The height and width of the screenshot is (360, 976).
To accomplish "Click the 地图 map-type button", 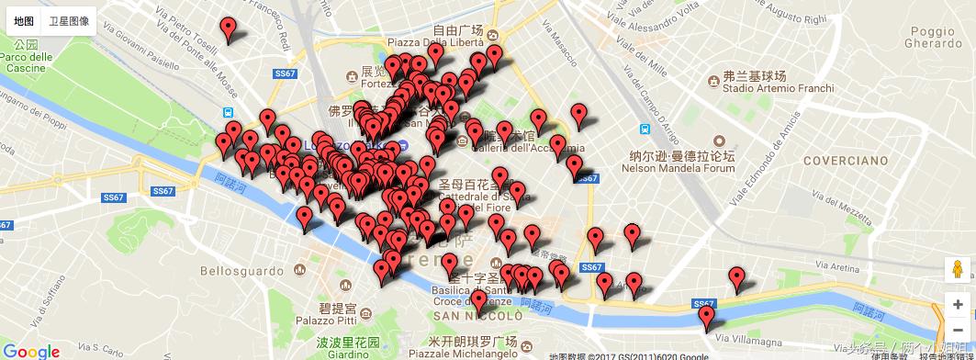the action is click(x=25, y=19).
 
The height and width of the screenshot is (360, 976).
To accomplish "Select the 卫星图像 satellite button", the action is click(x=69, y=19).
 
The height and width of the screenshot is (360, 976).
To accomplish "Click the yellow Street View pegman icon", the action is click(x=959, y=270).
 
